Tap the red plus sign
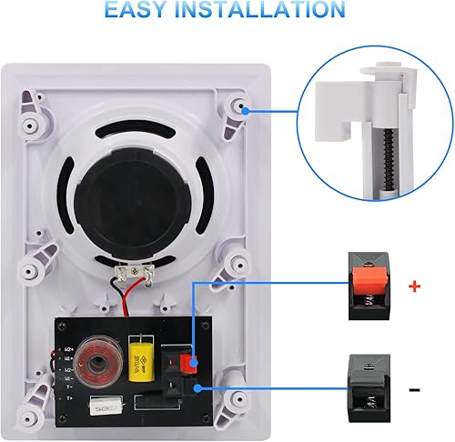(417, 286)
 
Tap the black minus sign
(416, 388)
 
